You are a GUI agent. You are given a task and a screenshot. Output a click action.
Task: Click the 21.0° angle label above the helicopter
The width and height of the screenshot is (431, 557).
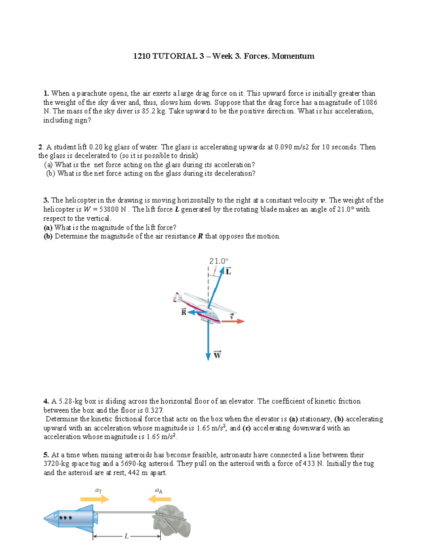(x=219, y=261)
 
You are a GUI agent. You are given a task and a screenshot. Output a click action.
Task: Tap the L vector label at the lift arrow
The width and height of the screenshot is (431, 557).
(x=228, y=272)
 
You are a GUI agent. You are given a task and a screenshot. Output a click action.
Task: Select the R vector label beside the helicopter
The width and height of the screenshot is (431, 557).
(x=184, y=312)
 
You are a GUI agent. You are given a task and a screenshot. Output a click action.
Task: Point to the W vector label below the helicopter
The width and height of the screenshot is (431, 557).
(x=217, y=355)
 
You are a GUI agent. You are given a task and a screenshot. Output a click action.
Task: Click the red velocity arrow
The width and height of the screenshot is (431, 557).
(x=233, y=321)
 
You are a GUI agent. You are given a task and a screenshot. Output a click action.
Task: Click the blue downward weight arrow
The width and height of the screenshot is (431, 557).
(x=208, y=341)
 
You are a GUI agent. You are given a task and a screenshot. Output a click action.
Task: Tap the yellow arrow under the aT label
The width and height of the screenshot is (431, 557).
(x=94, y=499)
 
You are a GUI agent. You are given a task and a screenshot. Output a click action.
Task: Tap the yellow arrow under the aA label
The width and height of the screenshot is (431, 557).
(x=159, y=499)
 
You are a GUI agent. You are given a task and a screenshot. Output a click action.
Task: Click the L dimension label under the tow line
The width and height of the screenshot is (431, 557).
(x=126, y=537)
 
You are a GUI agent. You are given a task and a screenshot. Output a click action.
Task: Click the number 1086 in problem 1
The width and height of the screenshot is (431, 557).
(x=369, y=103)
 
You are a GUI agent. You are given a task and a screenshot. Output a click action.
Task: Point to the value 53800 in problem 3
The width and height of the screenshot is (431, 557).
(x=109, y=209)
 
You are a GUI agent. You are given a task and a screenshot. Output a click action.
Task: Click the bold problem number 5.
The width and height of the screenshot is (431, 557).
(x=46, y=455)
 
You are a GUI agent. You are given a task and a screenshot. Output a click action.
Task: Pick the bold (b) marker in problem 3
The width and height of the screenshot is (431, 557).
(x=48, y=236)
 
